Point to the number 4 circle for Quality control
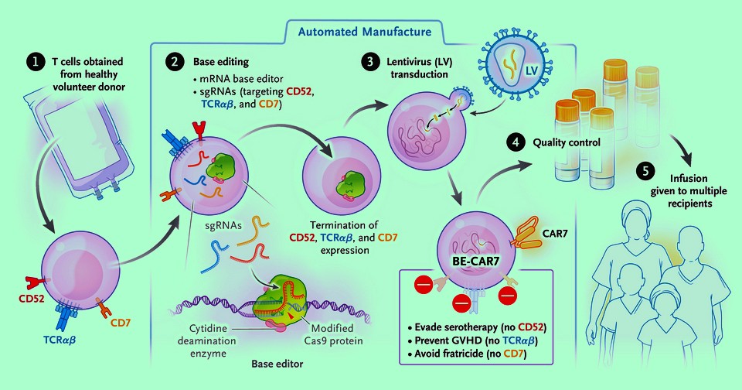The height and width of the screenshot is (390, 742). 514,142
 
